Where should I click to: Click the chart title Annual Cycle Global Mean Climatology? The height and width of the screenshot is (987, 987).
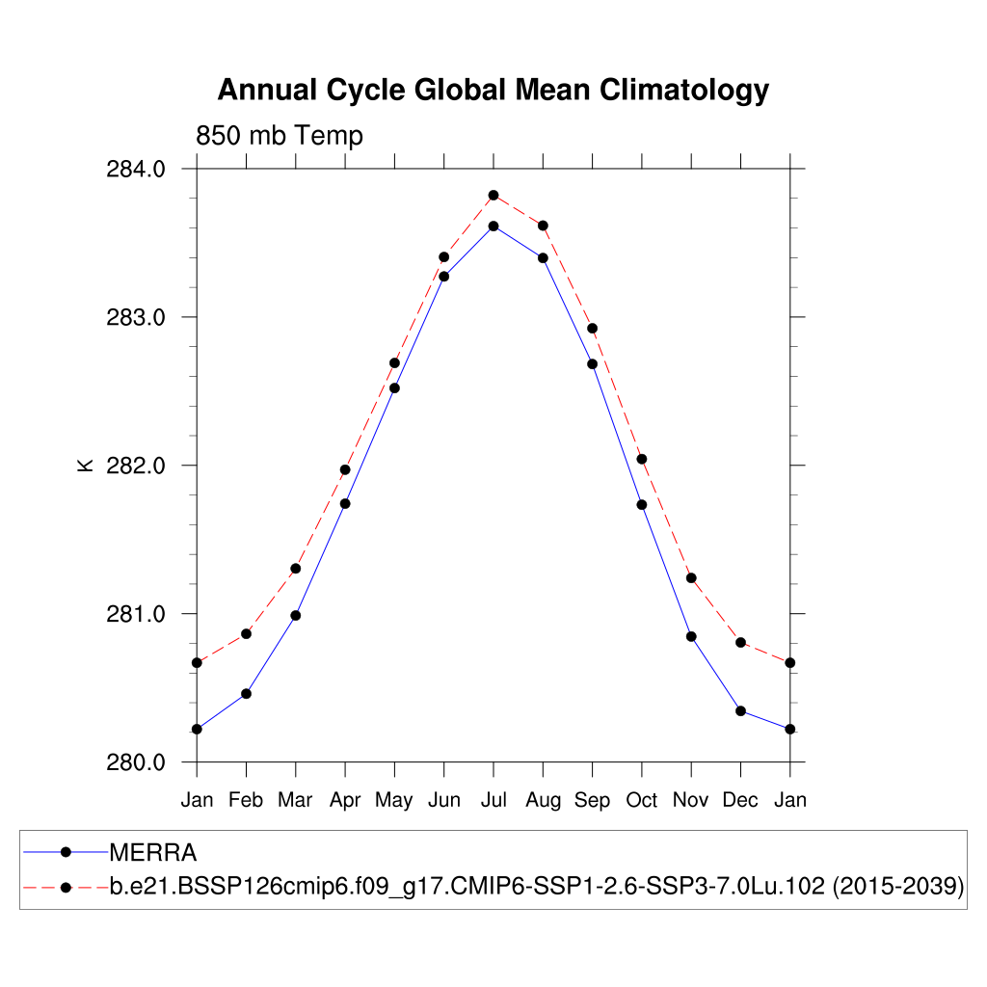click(x=493, y=90)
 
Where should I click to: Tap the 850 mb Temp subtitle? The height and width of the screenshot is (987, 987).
click(x=280, y=136)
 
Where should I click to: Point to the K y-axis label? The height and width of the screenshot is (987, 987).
click(x=85, y=465)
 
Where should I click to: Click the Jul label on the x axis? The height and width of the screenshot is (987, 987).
click(x=493, y=800)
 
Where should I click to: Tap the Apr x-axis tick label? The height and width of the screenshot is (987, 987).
click(x=345, y=801)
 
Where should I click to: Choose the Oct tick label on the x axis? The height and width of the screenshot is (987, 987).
click(x=642, y=800)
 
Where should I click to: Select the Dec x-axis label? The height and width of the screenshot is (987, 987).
click(x=740, y=800)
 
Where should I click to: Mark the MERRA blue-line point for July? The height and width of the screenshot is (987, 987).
click(x=493, y=226)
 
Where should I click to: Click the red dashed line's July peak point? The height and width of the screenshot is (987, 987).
click(x=493, y=196)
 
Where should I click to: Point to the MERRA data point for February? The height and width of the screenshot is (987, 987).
click(x=246, y=694)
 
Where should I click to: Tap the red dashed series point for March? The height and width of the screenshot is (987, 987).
click(x=296, y=569)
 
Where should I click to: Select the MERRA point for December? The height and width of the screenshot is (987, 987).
click(x=740, y=710)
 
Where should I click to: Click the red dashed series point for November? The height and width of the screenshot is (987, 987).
click(x=691, y=578)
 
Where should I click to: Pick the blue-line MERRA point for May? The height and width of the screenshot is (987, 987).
click(x=394, y=387)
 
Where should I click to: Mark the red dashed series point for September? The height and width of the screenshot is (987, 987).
click(x=592, y=329)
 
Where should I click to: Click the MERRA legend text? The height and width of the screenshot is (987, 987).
click(x=153, y=853)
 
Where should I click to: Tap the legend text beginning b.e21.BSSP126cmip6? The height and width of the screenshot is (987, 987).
click(x=537, y=887)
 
